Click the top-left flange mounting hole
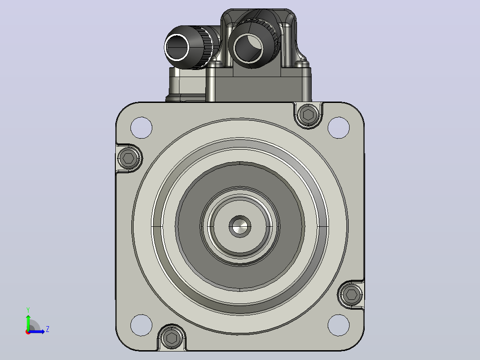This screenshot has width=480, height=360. (x=141, y=127)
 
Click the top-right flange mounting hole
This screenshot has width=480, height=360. (x=338, y=127)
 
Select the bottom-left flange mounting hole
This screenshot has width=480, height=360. (x=141, y=325)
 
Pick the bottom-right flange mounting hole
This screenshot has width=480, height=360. (x=338, y=325)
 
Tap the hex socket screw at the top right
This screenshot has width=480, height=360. (x=308, y=115)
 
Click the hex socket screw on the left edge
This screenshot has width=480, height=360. (x=129, y=158)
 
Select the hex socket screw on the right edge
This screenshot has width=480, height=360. (x=351, y=295)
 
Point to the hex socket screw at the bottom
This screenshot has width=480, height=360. (x=171, y=338)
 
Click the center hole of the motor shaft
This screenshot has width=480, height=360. (x=240, y=226)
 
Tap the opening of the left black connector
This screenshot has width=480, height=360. (x=178, y=48)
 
